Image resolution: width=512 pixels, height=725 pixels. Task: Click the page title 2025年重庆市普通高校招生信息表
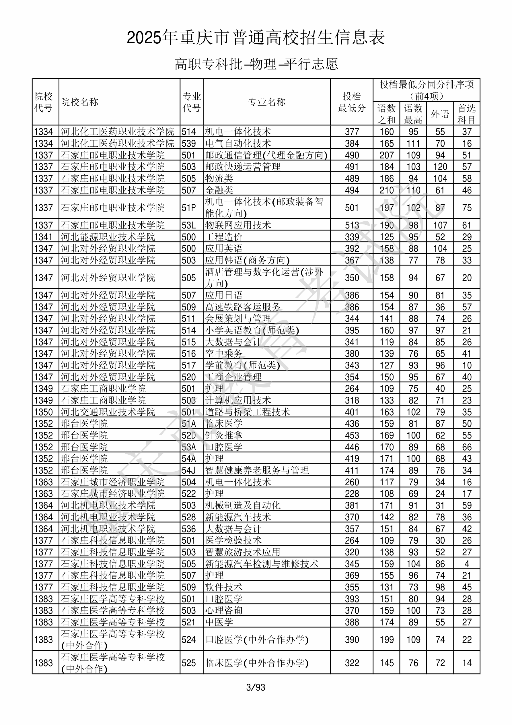point(256,38)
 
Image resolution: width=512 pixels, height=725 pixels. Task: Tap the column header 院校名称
point(80,102)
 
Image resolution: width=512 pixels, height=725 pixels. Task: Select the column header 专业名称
point(267,102)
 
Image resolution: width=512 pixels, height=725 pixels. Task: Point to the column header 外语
point(440,114)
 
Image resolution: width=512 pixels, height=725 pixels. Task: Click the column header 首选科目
point(467,114)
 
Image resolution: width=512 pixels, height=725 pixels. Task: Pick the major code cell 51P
point(189,208)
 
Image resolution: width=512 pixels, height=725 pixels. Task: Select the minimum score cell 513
point(352,225)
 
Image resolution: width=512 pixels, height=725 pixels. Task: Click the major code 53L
point(189,225)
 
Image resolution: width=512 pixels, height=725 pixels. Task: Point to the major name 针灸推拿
point(223,435)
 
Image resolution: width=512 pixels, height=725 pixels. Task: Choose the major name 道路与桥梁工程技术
point(248,412)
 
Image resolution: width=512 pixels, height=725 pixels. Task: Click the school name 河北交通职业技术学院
point(108,412)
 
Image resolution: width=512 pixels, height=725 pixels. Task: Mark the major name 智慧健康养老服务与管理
point(257,470)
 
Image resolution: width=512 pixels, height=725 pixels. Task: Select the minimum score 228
point(352,494)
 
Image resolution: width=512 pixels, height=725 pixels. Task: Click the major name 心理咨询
point(223,610)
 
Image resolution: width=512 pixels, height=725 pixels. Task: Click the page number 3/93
point(256,687)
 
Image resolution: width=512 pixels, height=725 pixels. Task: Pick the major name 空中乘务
point(223,354)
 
